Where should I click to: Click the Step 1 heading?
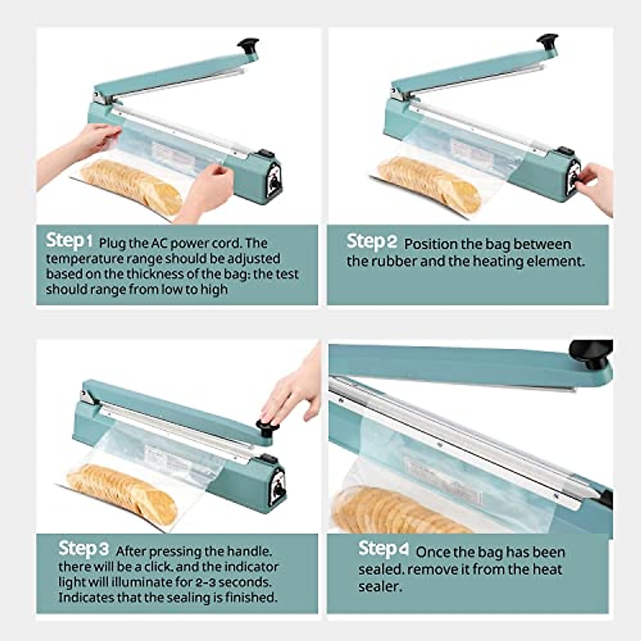tap(69, 241)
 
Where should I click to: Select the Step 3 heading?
tap(83, 549)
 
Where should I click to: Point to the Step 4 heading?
tap(384, 549)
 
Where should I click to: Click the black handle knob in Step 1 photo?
tap(249, 45)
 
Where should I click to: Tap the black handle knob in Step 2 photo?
tap(548, 41)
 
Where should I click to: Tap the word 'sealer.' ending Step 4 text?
tap(380, 587)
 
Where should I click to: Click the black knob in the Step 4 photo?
tap(590, 353)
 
